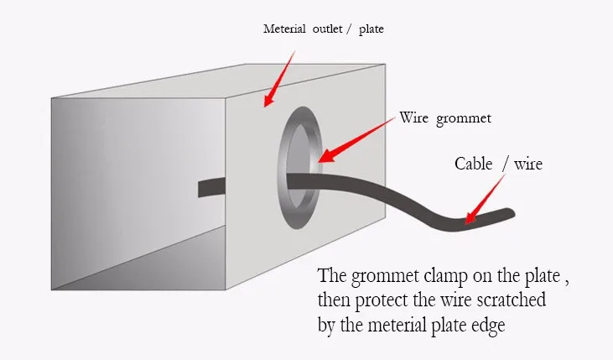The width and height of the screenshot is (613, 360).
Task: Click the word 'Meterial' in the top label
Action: tap(284, 29)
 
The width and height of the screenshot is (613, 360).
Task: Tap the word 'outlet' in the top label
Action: tap(327, 29)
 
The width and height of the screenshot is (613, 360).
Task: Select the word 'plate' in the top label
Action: tap(371, 29)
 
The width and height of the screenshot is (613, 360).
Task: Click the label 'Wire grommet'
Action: tap(445, 118)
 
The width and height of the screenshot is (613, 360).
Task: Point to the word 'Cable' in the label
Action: tap(473, 164)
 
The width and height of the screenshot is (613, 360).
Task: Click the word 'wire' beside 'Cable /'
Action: tap(528, 164)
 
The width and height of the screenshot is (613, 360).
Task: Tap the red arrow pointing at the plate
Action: tap(279, 79)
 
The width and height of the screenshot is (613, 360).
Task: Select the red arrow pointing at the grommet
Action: tap(356, 140)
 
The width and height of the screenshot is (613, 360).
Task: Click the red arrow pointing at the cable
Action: tap(485, 200)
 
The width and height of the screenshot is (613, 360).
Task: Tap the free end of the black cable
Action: tap(512, 213)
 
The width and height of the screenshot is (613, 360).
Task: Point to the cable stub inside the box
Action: tap(211, 187)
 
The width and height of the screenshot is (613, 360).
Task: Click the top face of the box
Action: tap(219, 81)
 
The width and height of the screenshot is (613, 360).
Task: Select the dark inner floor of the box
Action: tap(156, 266)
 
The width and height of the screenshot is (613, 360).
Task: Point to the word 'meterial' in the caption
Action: tap(397, 325)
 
